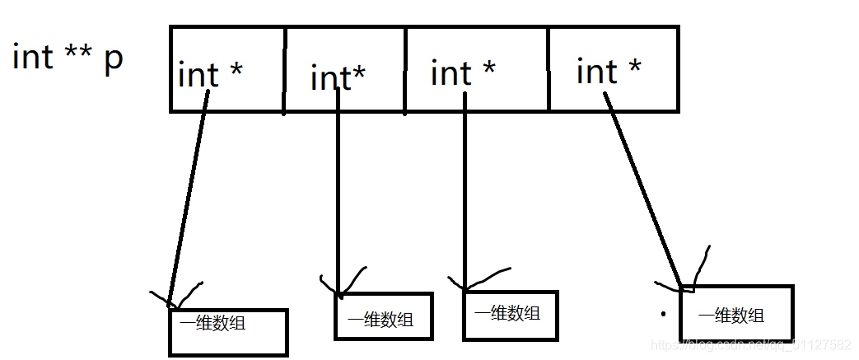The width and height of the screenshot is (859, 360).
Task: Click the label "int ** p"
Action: [68, 58]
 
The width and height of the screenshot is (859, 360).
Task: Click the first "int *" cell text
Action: [210, 75]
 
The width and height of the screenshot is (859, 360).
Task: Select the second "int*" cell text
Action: [338, 78]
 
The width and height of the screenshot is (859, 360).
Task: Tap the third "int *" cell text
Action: [463, 73]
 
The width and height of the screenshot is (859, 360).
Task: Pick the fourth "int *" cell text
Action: [609, 72]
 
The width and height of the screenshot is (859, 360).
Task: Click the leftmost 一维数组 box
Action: [228, 332]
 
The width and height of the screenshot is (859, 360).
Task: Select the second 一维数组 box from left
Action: [383, 316]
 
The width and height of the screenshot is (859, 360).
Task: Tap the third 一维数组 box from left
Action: [511, 315]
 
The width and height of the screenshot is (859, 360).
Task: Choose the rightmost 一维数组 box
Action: [736, 312]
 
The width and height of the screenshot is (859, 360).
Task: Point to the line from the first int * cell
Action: [188, 198]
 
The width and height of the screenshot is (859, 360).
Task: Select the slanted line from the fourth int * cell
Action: [644, 189]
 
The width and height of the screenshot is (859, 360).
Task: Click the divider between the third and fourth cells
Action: [549, 68]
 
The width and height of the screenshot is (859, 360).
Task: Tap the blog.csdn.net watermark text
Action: [749, 345]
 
